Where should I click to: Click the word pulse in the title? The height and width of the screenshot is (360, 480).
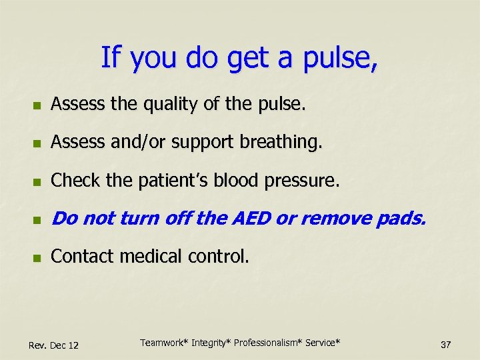341,58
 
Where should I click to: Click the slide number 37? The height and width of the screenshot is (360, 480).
446,345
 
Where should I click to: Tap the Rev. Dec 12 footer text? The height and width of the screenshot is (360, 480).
54,345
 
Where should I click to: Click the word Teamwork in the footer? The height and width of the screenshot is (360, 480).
164,343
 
